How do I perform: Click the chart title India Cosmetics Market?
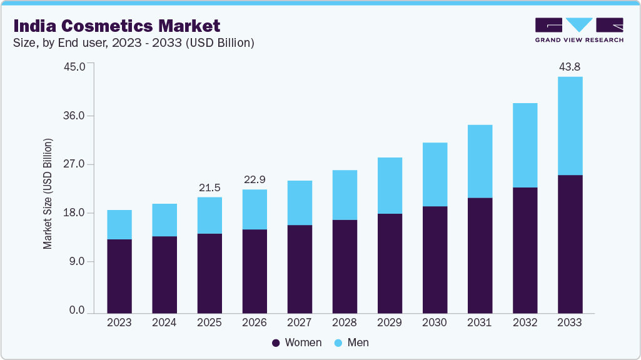click(117, 26)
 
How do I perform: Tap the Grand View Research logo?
click(579, 30)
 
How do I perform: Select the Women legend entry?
click(297, 342)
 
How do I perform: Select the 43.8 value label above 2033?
click(570, 67)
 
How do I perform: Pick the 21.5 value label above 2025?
click(209, 187)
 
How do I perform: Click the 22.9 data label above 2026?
click(255, 180)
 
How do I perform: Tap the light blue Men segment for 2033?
click(570, 126)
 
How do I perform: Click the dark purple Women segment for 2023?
click(119, 276)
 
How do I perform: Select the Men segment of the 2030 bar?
click(435, 174)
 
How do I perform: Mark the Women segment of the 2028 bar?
click(345, 266)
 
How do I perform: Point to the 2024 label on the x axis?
click(164, 322)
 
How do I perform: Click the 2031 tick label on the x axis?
click(480, 322)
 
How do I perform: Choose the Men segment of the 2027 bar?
click(300, 202)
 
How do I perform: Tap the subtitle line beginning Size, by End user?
click(133, 43)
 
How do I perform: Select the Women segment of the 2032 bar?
click(525, 250)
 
